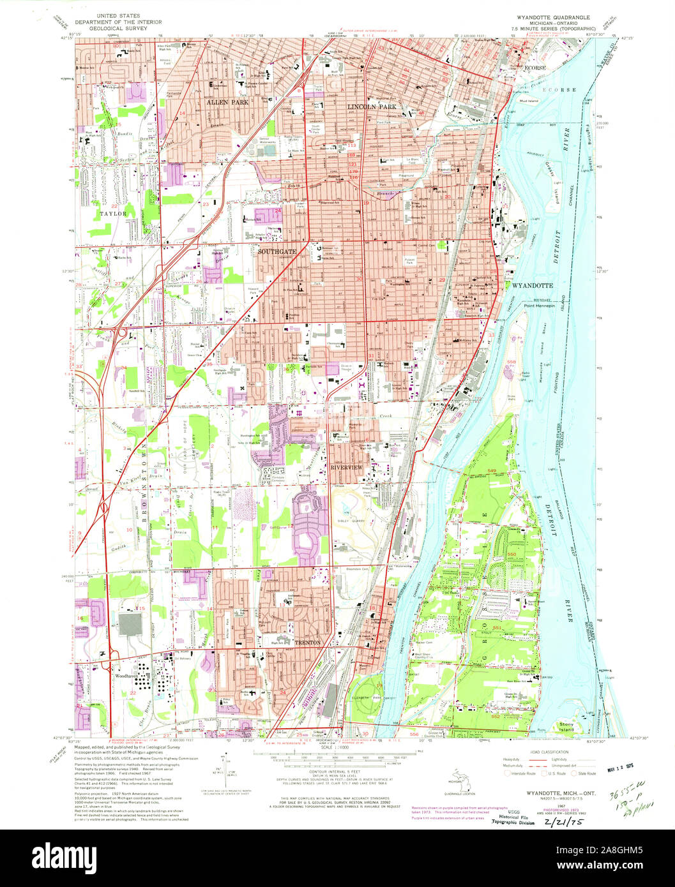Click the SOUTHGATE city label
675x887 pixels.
pyautogui.click(x=277, y=252)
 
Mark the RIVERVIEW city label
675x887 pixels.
pyautogui.click(x=346, y=468)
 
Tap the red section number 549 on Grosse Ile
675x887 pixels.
pyautogui.click(x=492, y=470)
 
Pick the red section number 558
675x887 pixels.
pyautogui.click(x=511, y=362)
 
